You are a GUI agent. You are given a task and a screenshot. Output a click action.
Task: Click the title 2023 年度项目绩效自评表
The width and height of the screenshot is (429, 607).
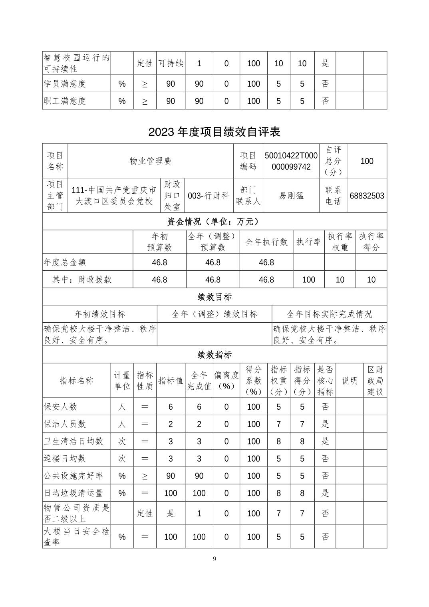(214, 132)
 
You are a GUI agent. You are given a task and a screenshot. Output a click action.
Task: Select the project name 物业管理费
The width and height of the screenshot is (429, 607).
(151, 161)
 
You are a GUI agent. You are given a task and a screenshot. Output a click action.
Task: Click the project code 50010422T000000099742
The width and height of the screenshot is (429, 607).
(291, 161)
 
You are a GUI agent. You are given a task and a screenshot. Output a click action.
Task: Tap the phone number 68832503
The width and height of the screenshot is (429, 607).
(367, 196)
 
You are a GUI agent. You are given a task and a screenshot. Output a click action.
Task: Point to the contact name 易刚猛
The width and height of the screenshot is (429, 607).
(291, 196)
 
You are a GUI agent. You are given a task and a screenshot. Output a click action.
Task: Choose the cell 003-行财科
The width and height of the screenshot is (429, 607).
(209, 196)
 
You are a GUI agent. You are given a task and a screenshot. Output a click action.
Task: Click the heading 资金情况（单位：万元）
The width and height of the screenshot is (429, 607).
(214, 221)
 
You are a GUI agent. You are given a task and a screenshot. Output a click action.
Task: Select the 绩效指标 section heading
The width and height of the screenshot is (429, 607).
(214, 355)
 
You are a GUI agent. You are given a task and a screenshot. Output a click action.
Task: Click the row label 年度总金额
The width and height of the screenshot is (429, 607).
(65, 262)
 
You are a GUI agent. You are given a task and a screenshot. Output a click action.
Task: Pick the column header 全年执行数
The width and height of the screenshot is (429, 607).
(266, 242)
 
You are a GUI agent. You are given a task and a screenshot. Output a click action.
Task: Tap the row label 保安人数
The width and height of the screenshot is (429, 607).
(60, 407)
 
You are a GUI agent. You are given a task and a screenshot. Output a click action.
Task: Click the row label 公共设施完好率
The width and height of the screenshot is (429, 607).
(73, 476)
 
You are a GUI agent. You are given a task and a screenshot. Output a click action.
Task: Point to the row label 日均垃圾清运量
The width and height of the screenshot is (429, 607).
(73, 493)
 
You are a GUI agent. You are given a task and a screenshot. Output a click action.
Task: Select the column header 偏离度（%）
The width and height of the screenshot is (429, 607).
(226, 381)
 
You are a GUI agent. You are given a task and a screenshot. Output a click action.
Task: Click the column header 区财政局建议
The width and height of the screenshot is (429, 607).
(375, 381)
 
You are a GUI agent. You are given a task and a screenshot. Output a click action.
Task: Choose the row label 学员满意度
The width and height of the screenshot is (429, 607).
(65, 84)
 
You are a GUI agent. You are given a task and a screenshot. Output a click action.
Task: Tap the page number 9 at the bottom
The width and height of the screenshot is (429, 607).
(214, 559)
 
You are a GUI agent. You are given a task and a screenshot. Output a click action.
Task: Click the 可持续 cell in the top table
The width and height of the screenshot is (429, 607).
(171, 63)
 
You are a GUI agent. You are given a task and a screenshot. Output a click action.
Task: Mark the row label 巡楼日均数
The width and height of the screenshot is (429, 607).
(65, 458)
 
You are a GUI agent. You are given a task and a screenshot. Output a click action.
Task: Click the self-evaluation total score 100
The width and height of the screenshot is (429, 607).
(367, 161)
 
